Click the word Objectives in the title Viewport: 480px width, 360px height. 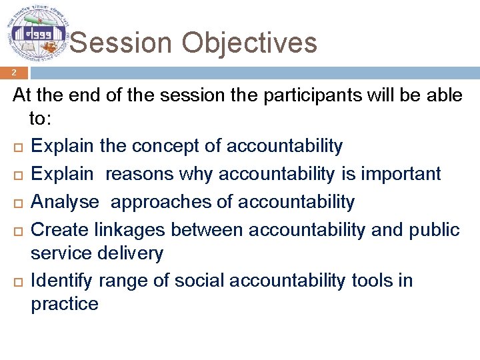click(248, 43)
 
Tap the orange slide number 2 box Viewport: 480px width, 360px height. click(13, 73)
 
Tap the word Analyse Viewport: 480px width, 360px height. click(65, 201)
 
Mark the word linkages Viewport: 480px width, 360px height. click(129, 229)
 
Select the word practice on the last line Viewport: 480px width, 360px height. click(65, 305)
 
